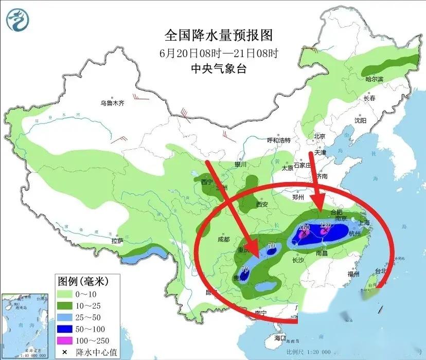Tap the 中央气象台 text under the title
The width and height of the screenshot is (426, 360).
coord(218,68)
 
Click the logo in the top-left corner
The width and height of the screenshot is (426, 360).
coord(18,20)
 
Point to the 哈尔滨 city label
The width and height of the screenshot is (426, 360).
coord(375,79)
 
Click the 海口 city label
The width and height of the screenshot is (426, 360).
coord(280,338)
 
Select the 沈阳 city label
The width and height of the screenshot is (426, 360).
coord(360,120)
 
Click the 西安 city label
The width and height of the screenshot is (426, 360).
coord(262,204)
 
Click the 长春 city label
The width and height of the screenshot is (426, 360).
coord(370,98)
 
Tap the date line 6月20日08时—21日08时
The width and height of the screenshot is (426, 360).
coord(218,52)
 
